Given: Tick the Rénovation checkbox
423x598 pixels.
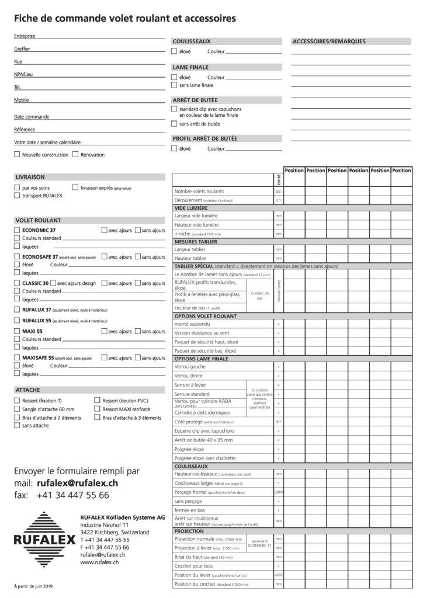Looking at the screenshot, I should click(x=75, y=155).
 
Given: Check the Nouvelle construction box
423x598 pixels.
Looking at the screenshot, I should click(x=16, y=155).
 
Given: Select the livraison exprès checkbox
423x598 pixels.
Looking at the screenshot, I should click(x=75, y=187).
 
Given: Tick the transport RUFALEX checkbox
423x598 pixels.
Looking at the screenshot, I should click(x=16, y=196).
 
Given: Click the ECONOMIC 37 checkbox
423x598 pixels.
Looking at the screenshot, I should click(x=16, y=231).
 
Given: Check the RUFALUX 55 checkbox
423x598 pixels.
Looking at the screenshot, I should click(x=16, y=321).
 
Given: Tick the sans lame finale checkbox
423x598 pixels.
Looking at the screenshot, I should click(x=174, y=85).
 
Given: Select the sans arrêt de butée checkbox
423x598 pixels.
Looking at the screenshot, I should click(x=174, y=124).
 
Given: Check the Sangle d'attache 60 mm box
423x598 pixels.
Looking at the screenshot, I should click(x=16, y=409).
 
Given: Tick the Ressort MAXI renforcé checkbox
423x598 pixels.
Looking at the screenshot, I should click(x=97, y=409).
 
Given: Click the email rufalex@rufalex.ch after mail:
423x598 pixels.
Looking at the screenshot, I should click(x=77, y=483).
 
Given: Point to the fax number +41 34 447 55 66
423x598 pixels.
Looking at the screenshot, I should click(x=72, y=495).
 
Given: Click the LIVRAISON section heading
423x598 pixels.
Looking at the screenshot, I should click(x=30, y=176).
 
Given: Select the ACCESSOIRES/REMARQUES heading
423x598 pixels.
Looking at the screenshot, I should click(x=328, y=41).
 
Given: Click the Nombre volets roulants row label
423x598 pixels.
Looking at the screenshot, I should click(x=199, y=191).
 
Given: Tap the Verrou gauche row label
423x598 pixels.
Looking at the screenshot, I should click(x=190, y=366).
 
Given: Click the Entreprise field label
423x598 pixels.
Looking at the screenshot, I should click(x=25, y=36).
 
